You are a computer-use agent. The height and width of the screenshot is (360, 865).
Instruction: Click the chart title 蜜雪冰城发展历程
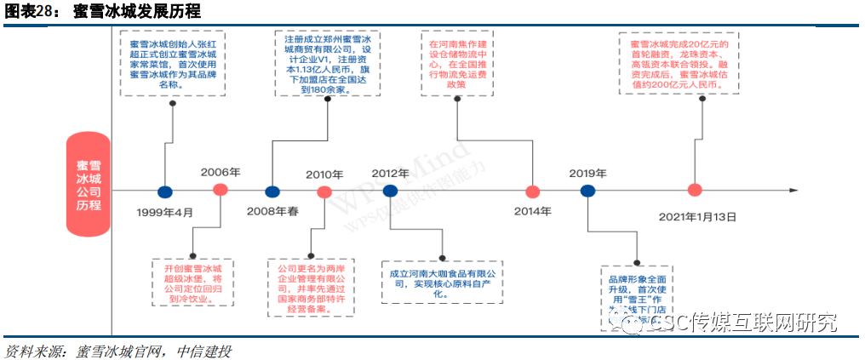point(136,11)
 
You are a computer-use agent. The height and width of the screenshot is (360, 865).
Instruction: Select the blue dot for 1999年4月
point(165,191)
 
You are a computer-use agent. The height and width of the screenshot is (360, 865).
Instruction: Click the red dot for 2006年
point(220,190)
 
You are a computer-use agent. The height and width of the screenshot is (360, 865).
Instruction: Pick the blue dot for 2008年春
point(272,191)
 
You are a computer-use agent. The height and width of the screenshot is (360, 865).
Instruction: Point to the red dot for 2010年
point(324,191)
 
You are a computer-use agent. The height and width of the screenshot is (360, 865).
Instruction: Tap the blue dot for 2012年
point(390,191)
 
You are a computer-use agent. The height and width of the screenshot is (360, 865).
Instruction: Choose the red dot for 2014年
point(534,191)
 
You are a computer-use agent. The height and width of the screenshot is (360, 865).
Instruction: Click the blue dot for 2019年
point(587,191)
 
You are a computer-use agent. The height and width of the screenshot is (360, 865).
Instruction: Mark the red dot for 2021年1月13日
point(696,190)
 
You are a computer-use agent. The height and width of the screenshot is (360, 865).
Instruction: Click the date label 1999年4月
point(165,212)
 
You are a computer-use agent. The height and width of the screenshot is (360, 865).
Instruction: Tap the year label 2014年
point(534,211)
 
